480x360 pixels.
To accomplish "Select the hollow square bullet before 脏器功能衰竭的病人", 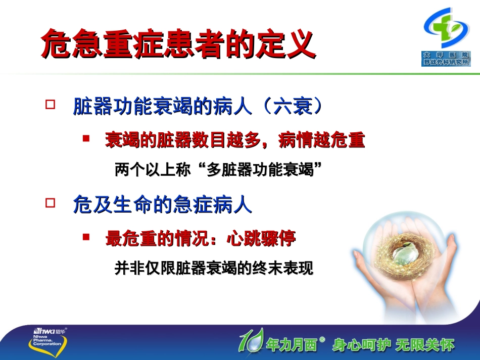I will (x=50, y=105).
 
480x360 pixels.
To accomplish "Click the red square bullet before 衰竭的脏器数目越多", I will (x=86, y=138).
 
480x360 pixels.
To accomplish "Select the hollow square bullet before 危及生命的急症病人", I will (x=50, y=203).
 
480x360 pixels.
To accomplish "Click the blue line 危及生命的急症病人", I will (x=162, y=205).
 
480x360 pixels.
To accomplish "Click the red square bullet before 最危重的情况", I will (x=86, y=236).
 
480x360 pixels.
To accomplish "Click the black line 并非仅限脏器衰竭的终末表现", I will (x=214, y=268).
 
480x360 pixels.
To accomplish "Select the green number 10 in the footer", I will (x=251, y=340).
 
